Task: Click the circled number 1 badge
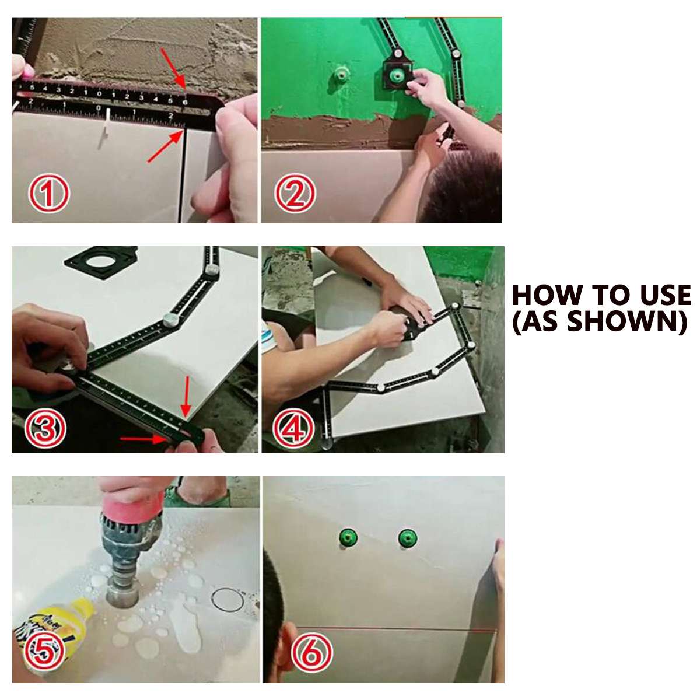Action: point(49,194)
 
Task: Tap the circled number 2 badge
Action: point(296,194)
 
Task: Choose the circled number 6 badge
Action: point(312,653)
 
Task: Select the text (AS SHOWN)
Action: point(600,321)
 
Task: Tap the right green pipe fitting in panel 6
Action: point(408,538)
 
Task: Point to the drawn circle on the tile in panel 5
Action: point(226,600)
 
